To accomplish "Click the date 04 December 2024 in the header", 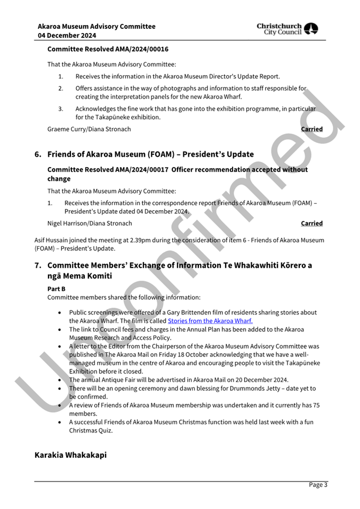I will (x=67, y=36).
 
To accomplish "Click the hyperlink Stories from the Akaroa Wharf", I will (x=210, y=321).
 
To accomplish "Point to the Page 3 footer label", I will (x=318, y=484).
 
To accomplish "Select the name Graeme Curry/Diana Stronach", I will (x=89, y=129).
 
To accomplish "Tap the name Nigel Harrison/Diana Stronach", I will (x=89, y=223).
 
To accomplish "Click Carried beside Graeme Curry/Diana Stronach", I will (x=311, y=129).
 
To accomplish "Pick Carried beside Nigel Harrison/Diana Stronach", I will (x=311, y=223).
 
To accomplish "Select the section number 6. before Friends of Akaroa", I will (x=38, y=155).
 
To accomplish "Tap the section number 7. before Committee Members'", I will (x=38, y=265).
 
